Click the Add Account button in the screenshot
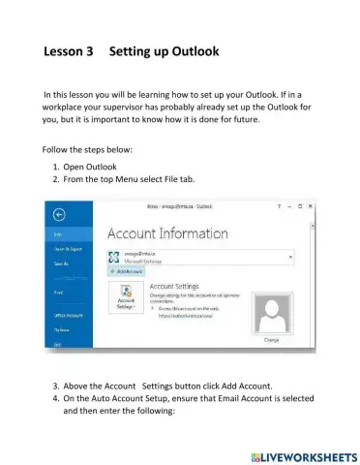pos(125,272)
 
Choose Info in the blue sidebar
pos(59,234)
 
